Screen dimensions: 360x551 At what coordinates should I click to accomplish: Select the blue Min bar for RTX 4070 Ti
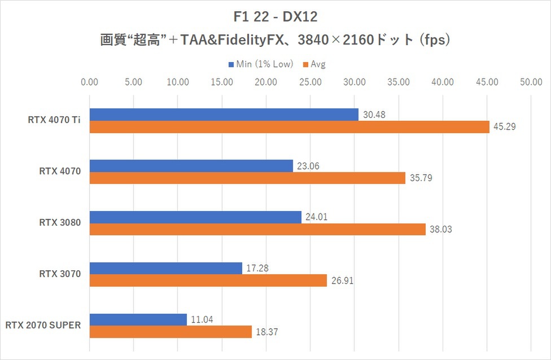tap(224, 115)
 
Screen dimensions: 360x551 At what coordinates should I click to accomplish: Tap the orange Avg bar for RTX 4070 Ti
tap(289, 127)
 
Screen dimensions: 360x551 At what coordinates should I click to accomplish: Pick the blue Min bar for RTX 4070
tap(191, 166)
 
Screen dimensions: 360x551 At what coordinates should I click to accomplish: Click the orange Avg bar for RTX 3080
tap(257, 229)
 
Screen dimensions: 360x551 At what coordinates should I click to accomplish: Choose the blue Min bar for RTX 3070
tap(165, 268)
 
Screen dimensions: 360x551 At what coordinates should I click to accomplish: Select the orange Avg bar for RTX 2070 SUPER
tap(170, 332)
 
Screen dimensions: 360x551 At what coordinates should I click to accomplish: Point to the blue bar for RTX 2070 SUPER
tap(138, 319)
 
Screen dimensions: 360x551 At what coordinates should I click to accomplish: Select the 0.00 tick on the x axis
tap(90, 82)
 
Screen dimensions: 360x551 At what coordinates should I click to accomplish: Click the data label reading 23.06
tap(309, 166)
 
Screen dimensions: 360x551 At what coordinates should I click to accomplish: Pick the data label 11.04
tap(203, 319)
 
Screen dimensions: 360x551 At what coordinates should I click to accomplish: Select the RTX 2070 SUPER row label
tap(43, 325)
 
